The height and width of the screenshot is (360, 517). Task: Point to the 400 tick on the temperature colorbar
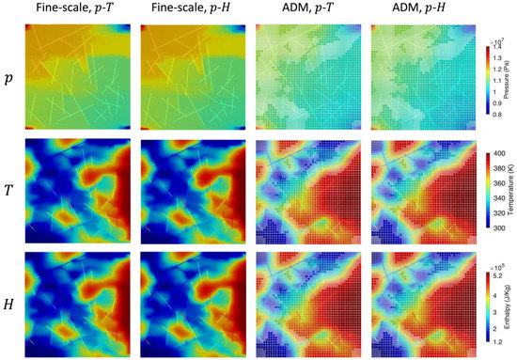(497, 152)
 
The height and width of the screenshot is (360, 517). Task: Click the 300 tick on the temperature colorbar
(497, 227)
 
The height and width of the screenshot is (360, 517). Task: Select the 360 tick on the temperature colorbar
(497, 181)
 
